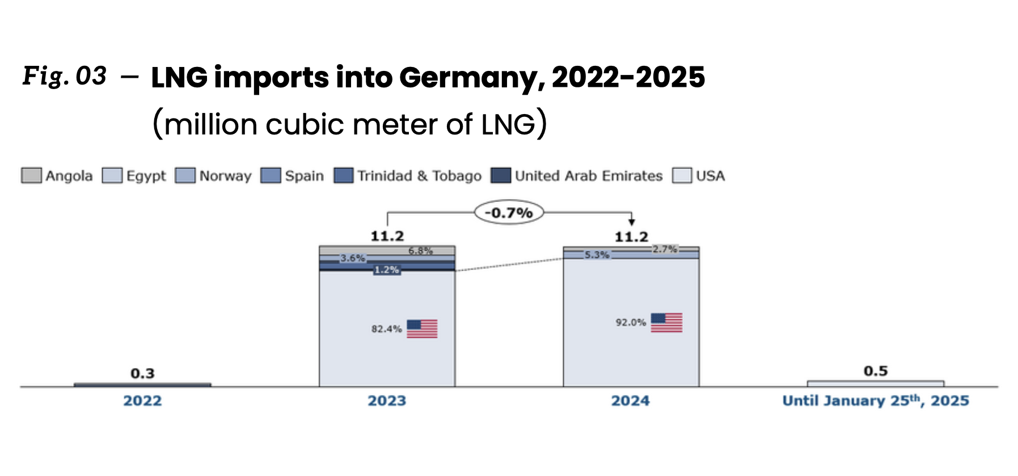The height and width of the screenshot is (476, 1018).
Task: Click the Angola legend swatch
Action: pyautogui.click(x=31, y=175)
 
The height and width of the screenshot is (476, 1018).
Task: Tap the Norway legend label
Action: pyautogui.click(x=225, y=176)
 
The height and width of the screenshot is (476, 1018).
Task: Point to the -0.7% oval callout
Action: pyautogui.click(x=509, y=213)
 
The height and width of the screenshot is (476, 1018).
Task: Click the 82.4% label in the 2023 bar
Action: pyautogui.click(x=386, y=329)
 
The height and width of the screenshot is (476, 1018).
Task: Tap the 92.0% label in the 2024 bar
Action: pyautogui.click(x=631, y=322)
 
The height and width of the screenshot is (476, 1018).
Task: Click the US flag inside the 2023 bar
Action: pyautogui.click(x=422, y=328)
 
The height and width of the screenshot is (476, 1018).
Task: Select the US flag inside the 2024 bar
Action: pyautogui.click(x=666, y=322)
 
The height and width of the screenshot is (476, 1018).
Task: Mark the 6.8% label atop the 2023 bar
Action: pyautogui.click(x=420, y=251)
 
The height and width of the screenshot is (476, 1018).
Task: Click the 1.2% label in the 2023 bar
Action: pyautogui.click(x=386, y=269)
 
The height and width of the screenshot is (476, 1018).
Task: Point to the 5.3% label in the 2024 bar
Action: pyautogui.click(x=597, y=255)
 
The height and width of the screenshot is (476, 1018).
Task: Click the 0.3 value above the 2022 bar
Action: pyautogui.click(x=142, y=373)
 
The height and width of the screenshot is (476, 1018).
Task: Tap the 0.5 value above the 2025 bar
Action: pyautogui.click(x=875, y=371)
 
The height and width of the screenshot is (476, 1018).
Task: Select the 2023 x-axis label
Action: pyautogui.click(x=387, y=401)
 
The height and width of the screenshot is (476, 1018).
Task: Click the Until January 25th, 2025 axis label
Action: pyautogui.click(x=875, y=401)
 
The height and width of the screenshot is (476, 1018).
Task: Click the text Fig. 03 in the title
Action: pyautogui.click(x=64, y=76)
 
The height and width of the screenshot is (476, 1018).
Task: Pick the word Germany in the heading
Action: pyautogui.click(x=472, y=78)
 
